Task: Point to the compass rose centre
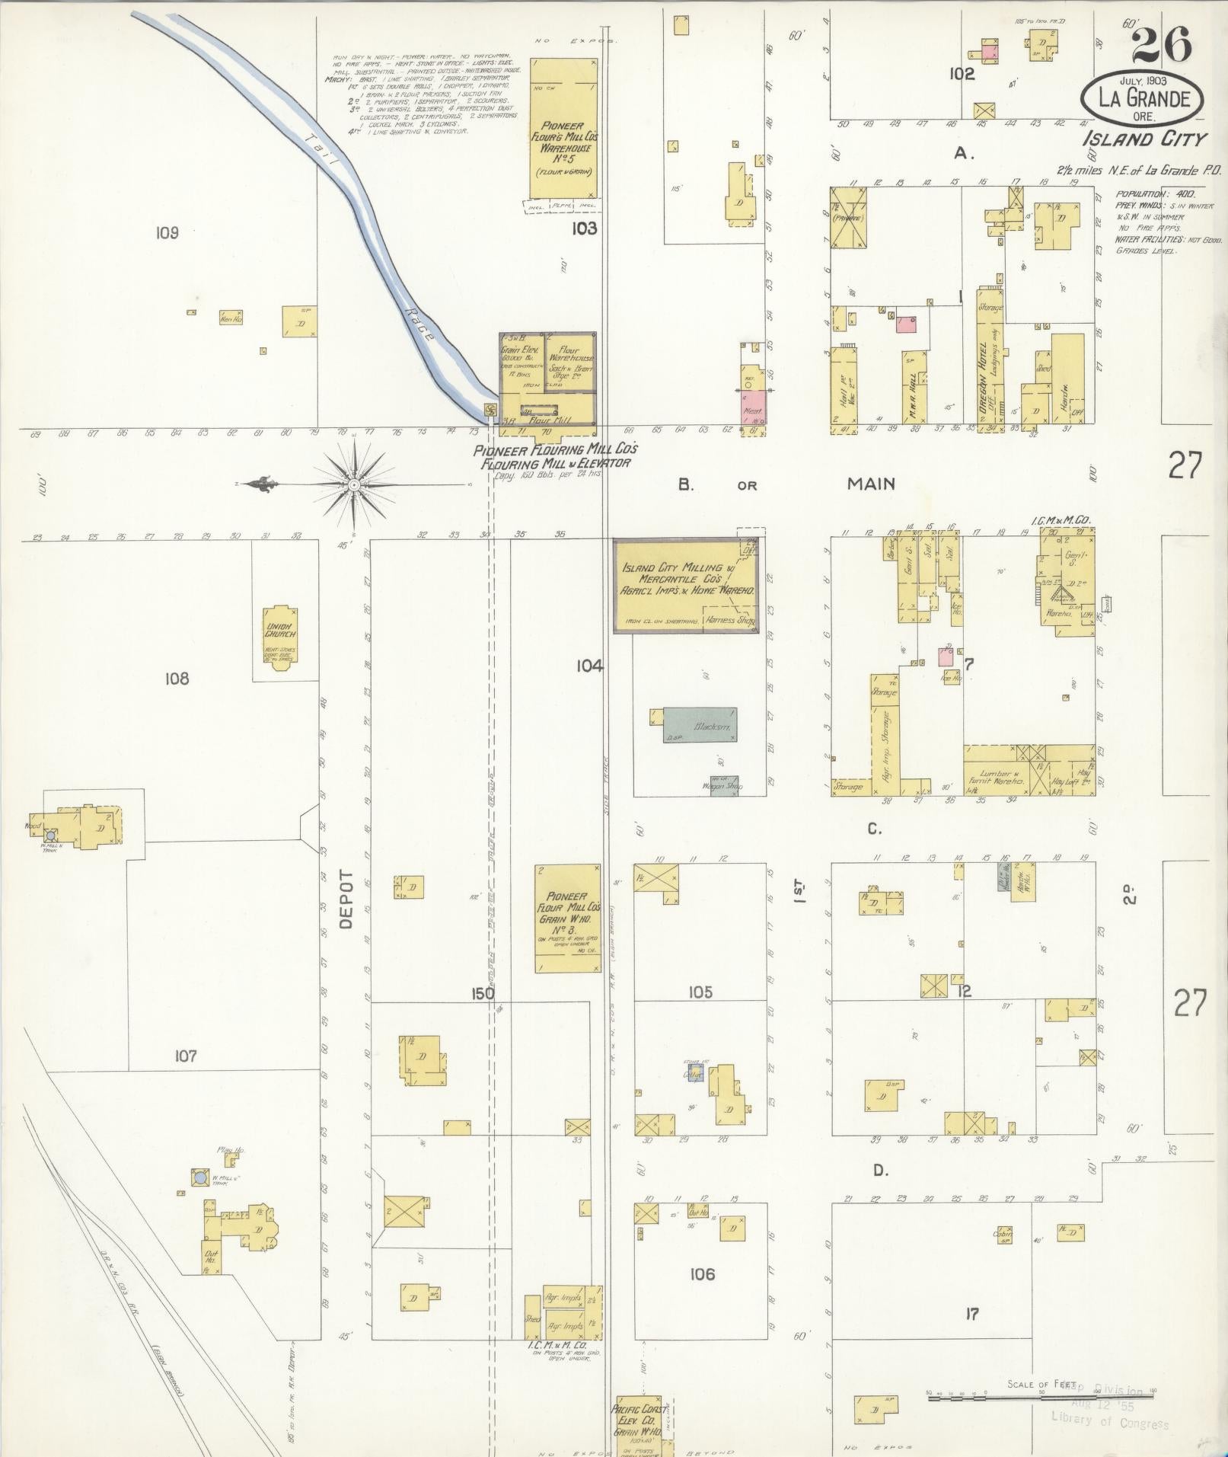coord(354,484)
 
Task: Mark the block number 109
coord(167,232)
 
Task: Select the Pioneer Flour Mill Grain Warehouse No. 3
coord(567,918)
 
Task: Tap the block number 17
coord(971,1314)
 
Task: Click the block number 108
coord(177,678)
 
